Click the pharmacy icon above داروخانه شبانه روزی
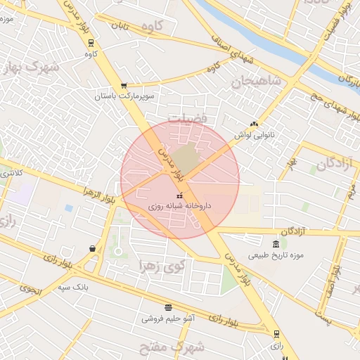(x=179, y=195)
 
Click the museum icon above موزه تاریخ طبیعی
(x=275, y=243)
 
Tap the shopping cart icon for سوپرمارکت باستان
(x=124, y=85)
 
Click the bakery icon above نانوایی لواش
(x=254, y=123)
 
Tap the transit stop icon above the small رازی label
(x=276, y=335)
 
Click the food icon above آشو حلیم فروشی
(x=168, y=307)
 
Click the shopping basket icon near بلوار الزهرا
(x=92, y=247)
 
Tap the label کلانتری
(x=11, y=172)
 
